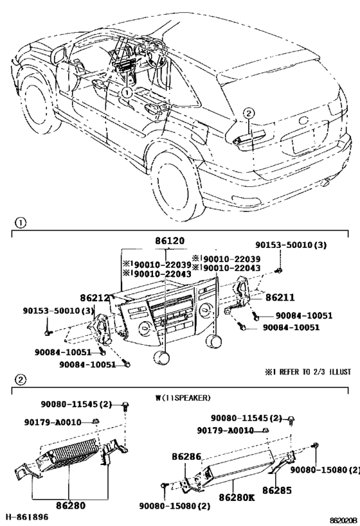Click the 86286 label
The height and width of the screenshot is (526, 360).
(x=186, y=457)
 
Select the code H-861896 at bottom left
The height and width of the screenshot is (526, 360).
(x=27, y=517)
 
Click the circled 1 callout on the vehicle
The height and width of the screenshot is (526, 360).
(x=127, y=92)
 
